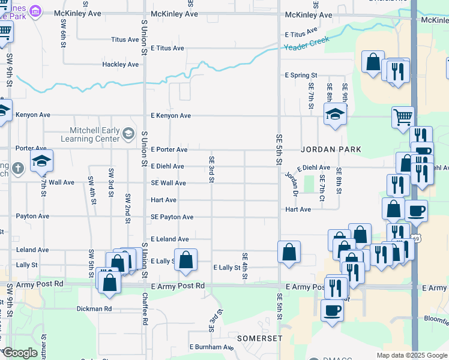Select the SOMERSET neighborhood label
click(x=259, y=338)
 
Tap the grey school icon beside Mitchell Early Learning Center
click(x=128, y=133)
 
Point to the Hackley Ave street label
click(x=120, y=64)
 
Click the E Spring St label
click(x=300, y=76)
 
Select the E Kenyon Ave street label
click(x=170, y=115)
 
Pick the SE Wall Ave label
click(x=168, y=183)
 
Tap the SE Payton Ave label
click(x=172, y=217)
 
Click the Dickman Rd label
click(x=94, y=309)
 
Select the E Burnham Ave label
click(x=211, y=347)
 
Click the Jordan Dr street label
click(x=291, y=182)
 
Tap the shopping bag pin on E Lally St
click(x=186, y=259)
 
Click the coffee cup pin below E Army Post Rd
click(x=332, y=310)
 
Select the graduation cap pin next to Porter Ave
click(x=41, y=161)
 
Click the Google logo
click(x=19, y=353)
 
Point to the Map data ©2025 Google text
click(x=411, y=355)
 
